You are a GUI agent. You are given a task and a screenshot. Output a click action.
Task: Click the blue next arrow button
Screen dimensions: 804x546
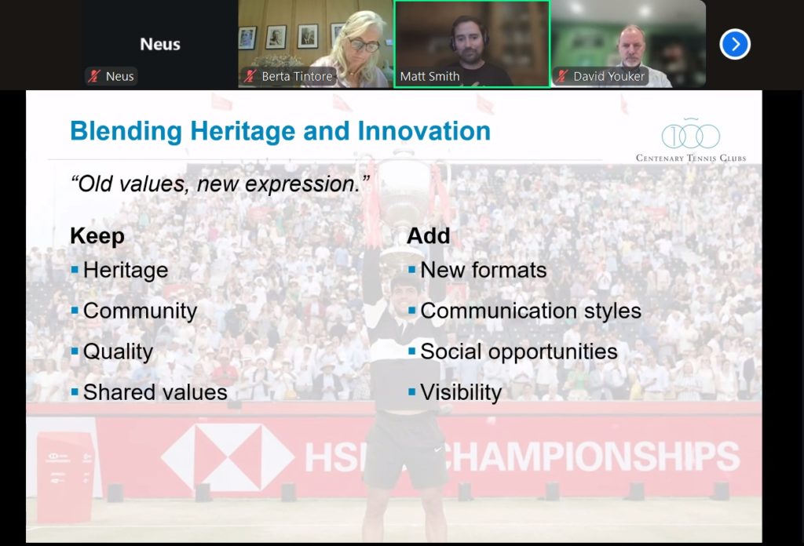click(735, 44)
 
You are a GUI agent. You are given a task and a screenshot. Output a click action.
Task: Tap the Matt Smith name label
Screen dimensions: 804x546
click(429, 76)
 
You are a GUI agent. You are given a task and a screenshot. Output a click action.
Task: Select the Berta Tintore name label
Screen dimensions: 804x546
click(297, 76)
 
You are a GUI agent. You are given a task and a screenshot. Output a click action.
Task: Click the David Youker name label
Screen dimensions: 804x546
click(608, 76)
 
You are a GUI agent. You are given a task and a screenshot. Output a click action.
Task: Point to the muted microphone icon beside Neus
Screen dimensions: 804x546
click(94, 76)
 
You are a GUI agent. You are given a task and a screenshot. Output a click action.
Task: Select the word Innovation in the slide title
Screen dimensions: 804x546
click(424, 131)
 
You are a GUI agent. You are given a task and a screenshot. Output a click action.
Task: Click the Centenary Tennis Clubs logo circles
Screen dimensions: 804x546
click(691, 135)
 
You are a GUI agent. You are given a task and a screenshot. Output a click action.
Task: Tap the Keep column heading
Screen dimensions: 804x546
click(97, 237)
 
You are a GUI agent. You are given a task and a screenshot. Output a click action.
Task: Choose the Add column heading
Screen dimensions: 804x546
click(429, 235)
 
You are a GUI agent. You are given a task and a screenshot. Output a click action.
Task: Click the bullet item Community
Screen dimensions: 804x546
click(140, 311)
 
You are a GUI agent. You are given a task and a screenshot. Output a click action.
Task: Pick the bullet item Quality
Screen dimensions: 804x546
click(118, 352)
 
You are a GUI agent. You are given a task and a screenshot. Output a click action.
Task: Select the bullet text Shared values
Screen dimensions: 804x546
click(155, 392)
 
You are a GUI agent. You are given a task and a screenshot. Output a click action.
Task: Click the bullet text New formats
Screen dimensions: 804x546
click(484, 270)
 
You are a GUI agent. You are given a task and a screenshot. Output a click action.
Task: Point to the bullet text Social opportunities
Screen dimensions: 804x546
click(519, 352)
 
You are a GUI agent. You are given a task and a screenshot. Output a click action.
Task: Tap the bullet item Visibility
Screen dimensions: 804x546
click(461, 393)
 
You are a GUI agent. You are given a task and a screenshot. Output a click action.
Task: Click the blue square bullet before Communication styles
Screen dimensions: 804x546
click(411, 311)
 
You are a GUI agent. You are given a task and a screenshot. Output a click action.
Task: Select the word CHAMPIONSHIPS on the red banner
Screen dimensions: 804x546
click(590, 456)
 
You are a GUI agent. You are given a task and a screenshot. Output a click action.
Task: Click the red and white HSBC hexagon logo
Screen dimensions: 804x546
click(228, 457)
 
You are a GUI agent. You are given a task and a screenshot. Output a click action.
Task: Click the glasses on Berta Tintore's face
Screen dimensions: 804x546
click(364, 45)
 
